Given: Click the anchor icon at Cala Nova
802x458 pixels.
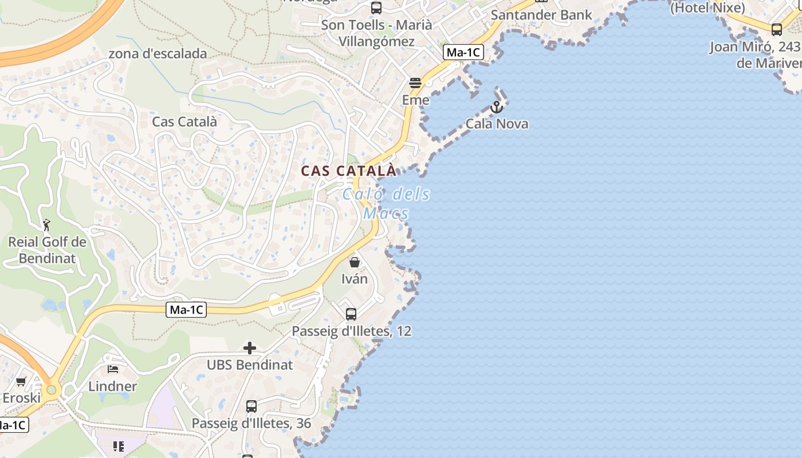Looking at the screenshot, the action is point(497,107).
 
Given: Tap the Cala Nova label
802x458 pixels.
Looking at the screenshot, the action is point(497,124).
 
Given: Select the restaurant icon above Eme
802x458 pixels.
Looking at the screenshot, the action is point(415,83).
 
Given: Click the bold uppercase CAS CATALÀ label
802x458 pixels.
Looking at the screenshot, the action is point(348,171).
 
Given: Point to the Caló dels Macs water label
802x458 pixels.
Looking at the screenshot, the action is point(386,204).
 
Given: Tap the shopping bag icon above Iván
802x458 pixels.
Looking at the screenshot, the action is point(355,262).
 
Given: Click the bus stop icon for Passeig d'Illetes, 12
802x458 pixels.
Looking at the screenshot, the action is point(351,314).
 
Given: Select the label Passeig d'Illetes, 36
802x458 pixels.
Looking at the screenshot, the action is point(251,424).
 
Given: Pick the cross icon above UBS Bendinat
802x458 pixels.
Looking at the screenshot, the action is point(250,348).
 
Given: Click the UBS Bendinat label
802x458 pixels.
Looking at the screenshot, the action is point(250,365).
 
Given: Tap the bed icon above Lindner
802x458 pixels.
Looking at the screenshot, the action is point(113,369).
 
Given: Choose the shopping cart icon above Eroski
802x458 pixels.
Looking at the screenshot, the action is point(21,381).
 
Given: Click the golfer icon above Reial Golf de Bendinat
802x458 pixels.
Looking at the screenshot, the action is point(47,225).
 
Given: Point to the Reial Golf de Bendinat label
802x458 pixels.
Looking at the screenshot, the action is point(47,250).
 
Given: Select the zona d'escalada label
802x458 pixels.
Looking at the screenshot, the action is point(158,54).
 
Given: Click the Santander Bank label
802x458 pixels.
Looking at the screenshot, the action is point(541,15).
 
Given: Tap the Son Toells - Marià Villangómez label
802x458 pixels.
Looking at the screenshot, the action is point(376,33).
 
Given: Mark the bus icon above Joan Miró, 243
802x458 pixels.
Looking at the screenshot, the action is point(777,30).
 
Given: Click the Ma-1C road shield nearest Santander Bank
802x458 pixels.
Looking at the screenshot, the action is point(463,53).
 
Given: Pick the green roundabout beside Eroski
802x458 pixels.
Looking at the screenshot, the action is point(52,390).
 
